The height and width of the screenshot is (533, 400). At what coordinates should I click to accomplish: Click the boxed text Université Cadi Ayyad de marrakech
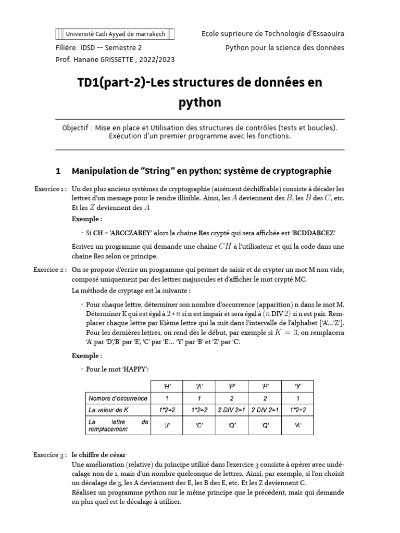click(x=115, y=34)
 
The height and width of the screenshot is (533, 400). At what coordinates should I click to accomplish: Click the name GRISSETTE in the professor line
click(x=113, y=59)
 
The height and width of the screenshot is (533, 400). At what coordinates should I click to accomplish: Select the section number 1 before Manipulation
click(x=58, y=171)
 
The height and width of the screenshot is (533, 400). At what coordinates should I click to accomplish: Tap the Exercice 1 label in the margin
click(x=49, y=189)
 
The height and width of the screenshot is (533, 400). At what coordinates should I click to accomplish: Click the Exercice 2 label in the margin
click(x=49, y=270)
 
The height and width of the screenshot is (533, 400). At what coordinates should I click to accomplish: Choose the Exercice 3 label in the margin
click(x=49, y=455)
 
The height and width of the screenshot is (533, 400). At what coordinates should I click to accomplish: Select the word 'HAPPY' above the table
click(x=135, y=369)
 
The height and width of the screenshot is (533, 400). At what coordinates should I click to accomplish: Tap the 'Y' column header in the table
click(x=297, y=386)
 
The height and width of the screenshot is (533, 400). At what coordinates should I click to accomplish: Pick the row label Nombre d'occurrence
click(x=110, y=398)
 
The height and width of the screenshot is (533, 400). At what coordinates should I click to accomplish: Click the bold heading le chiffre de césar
click(x=99, y=455)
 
